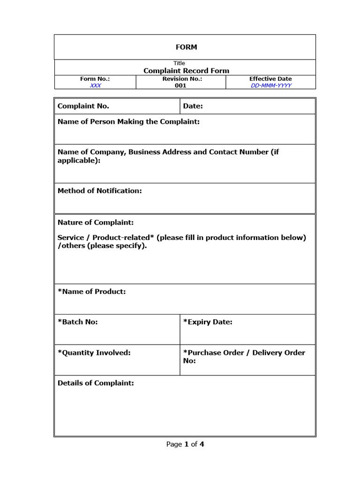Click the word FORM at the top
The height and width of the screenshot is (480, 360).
click(186, 47)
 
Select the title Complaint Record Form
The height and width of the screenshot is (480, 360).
click(186, 71)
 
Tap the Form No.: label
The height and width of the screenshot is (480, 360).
click(95, 79)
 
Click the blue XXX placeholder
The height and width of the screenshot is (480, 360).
click(95, 85)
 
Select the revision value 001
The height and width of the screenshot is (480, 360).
click(180, 85)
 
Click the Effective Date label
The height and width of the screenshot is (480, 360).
click(270, 79)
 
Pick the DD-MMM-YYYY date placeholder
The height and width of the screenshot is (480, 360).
click(271, 85)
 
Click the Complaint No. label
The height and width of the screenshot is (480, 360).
click(83, 106)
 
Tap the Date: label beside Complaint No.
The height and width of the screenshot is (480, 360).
click(193, 106)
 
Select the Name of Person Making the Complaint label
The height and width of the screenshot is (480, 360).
click(128, 121)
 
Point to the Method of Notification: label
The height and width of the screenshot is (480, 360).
click(99, 190)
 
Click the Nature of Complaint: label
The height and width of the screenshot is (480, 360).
click(96, 222)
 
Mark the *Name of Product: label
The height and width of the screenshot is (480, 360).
click(91, 291)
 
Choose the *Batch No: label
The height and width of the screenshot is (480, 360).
click(78, 322)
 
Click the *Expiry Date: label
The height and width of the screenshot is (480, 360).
click(208, 322)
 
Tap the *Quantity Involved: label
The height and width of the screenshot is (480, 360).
click(94, 352)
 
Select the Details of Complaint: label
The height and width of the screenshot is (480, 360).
click(96, 383)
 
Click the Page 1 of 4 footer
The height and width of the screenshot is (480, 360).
click(185, 444)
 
